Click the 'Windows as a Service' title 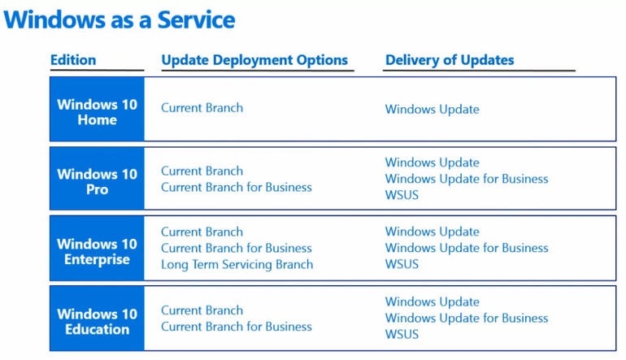point(120,20)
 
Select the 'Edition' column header point(73,60)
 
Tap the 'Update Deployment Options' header point(254,60)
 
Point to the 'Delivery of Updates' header point(450,60)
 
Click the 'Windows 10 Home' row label point(97,112)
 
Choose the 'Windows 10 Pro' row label point(97,181)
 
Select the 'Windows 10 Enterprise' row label point(97,251)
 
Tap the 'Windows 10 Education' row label point(97,321)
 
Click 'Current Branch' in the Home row point(202,108)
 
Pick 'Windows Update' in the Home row point(432,110)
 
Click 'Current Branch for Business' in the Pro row point(237,187)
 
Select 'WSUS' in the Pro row point(402,195)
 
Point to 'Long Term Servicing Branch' point(237,265)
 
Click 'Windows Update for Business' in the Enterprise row point(467,248)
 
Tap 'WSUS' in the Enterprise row point(402,264)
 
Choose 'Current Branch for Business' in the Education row point(237,327)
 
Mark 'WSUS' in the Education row point(402,334)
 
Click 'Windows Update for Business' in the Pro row point(467,179)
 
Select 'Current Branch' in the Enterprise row point(202,232)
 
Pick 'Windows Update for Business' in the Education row point(467,318)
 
